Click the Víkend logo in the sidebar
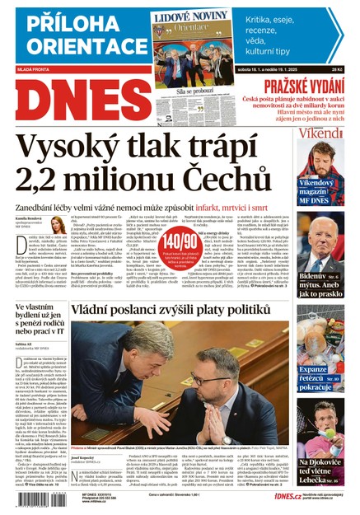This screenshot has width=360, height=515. pos(320,133)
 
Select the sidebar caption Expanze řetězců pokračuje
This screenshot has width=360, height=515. pos(320,376)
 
